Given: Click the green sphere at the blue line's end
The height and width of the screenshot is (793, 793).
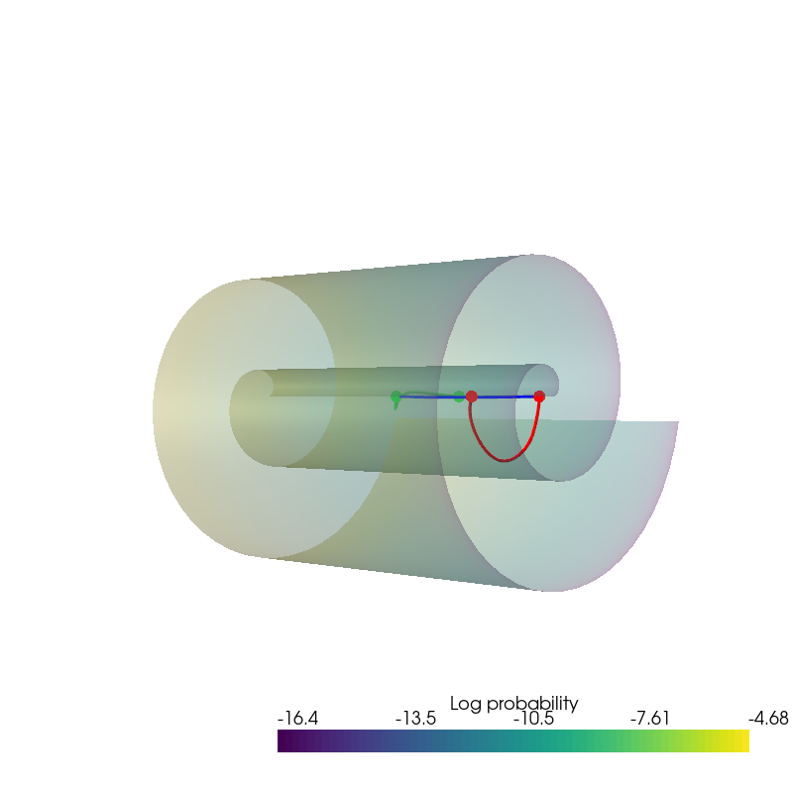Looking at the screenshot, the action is pos(396,396).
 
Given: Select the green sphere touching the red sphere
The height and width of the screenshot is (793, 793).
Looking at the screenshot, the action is pos(459,396).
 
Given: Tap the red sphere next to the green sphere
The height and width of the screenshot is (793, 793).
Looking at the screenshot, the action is pos(472,396).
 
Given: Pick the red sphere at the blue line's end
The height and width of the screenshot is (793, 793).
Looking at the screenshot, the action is pos(539,396).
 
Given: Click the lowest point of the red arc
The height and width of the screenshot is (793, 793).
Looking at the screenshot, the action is pos(505,461).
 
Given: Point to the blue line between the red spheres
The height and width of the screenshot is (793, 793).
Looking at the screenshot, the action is pos(506,397).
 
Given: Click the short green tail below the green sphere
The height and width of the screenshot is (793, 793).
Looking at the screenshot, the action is pos(396,405).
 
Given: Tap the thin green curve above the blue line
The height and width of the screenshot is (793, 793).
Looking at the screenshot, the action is pos(428,393).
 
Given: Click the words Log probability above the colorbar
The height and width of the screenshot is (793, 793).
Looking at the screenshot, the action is pos(513,704).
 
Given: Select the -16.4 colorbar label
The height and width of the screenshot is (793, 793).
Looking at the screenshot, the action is pos(298,718).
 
